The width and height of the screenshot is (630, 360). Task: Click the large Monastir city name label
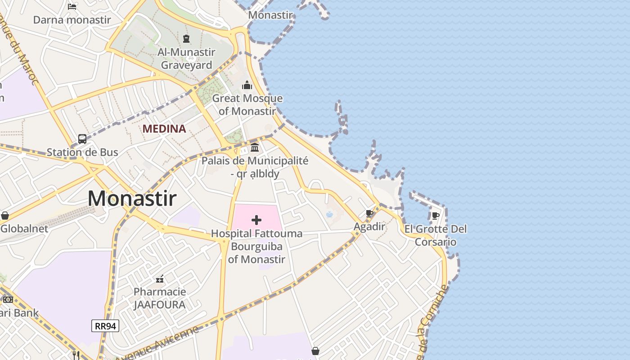point(132,198)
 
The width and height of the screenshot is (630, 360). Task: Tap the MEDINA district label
point(164,129)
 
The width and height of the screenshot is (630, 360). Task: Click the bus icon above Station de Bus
point(82,139)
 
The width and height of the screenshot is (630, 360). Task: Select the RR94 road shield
point(105,326)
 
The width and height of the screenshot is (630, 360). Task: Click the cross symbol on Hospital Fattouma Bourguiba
point(256,220)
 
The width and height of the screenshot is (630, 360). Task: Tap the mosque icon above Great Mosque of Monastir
point(247,85)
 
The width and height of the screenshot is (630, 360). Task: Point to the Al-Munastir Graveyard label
point(186,58)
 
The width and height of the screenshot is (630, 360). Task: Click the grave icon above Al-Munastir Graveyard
point(186,39)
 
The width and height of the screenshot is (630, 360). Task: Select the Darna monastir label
point(72,20)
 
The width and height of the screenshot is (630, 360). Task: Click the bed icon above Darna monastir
point(72,6)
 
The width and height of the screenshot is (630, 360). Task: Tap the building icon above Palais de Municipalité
point(255,147)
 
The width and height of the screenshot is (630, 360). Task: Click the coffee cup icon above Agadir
point(369,213)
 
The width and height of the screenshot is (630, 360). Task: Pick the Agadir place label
point(369,226)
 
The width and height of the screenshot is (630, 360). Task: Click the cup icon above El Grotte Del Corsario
point(435,216)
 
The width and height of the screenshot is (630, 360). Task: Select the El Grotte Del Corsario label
point(436,235)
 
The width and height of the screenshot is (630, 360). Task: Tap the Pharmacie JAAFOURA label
point(160,298)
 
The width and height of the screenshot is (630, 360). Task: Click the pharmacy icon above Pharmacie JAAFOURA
point(160,279)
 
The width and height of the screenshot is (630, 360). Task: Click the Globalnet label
point(24,229)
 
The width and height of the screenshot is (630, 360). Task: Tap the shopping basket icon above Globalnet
point(5,216)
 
